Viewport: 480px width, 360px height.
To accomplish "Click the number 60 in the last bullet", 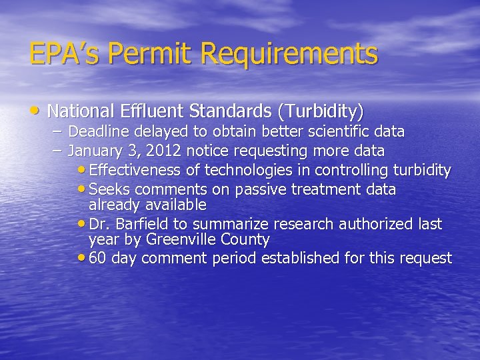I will pos(97,258).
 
